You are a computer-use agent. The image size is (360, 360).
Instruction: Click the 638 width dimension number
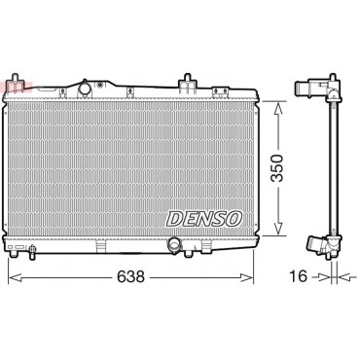130,276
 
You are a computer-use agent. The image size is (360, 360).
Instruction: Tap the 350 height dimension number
277,168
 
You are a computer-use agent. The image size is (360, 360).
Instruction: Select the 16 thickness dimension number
298,276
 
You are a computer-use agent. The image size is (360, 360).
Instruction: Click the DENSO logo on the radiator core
204,219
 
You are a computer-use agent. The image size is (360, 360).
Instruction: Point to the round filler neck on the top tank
85,89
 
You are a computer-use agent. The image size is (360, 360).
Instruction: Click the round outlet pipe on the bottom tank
174,244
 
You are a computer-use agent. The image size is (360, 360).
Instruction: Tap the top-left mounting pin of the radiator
16,80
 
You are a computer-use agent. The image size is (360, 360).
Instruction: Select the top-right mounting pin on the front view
187,80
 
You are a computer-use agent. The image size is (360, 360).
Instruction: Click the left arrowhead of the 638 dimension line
15,277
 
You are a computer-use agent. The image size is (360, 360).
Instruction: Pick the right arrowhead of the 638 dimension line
246,277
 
